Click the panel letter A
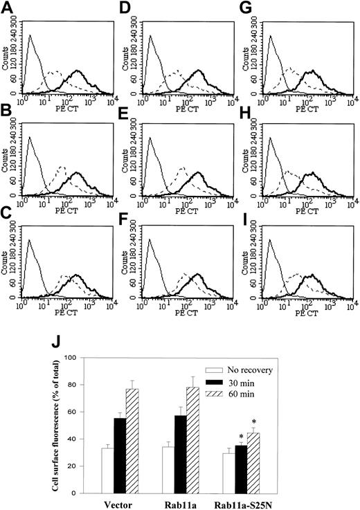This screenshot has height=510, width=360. (x=7, y=8)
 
